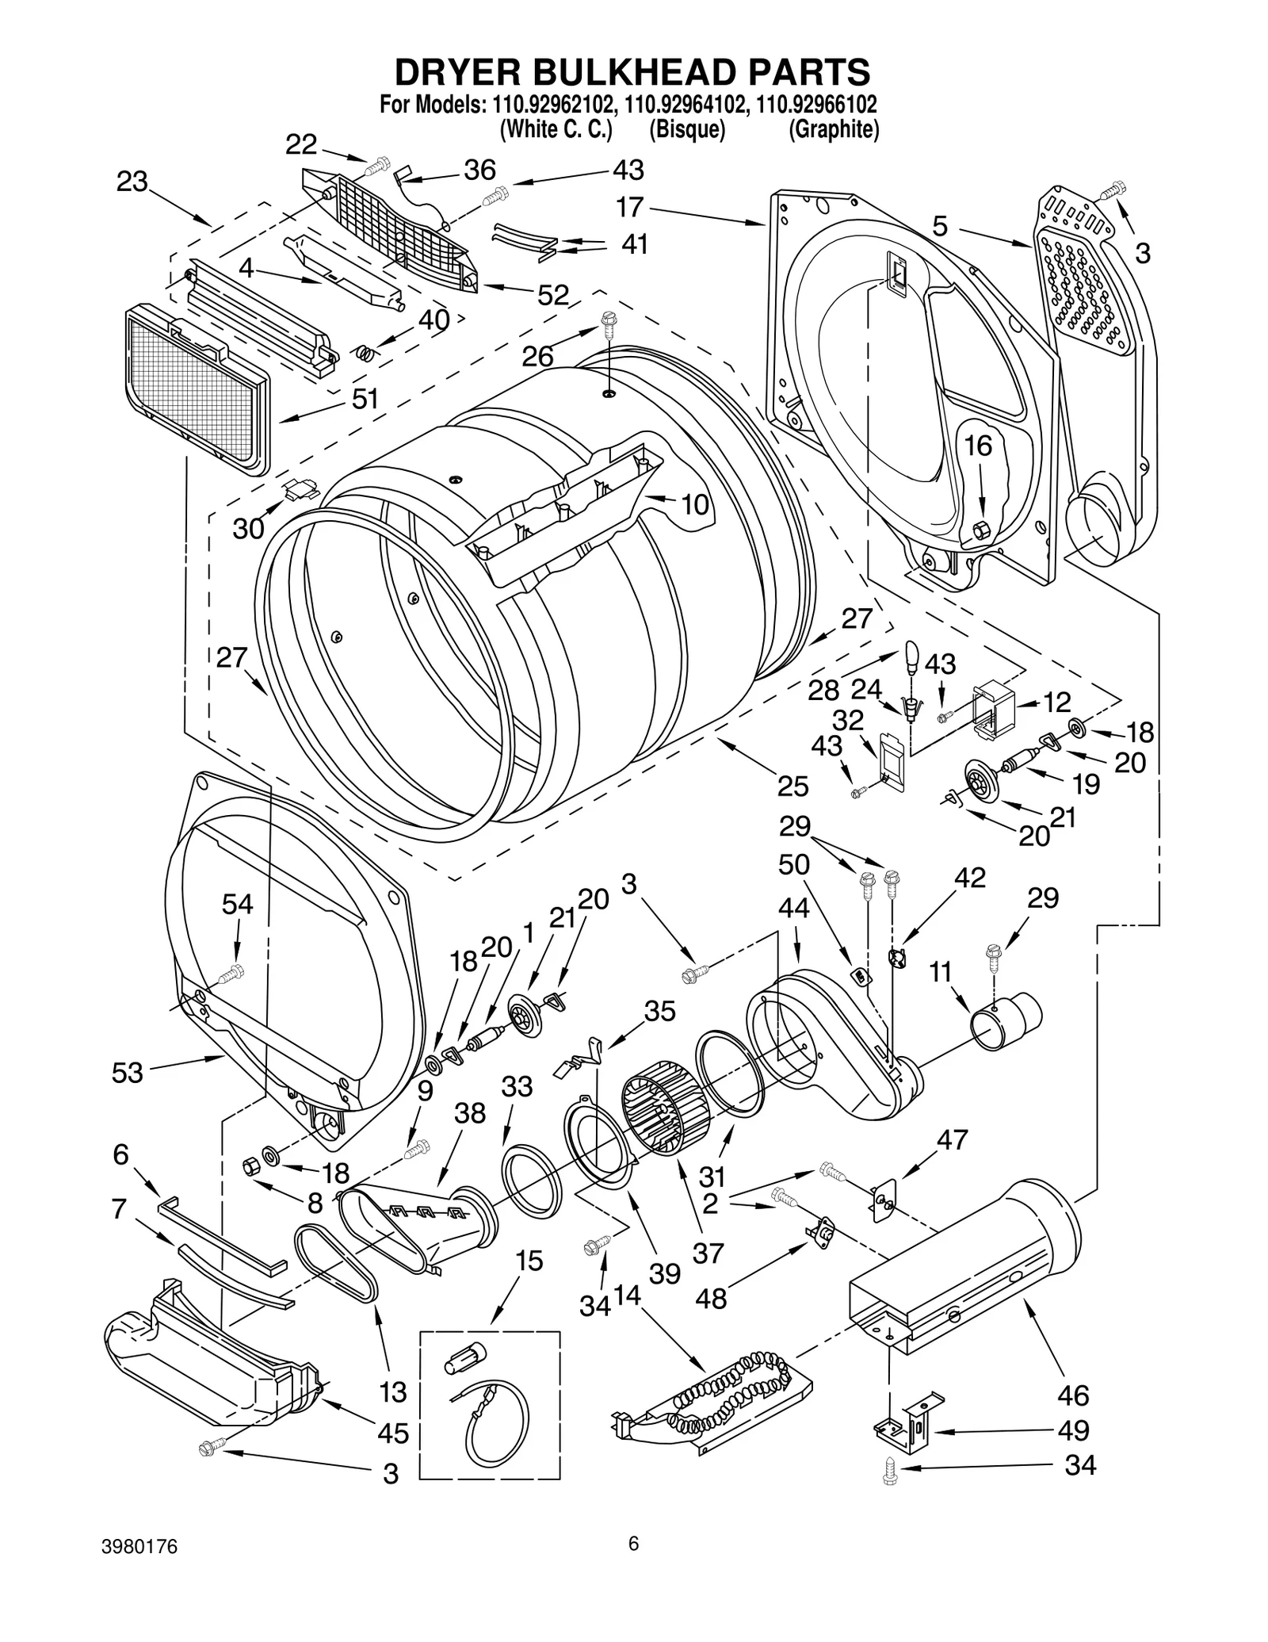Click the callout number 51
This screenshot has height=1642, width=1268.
tap(365, 399)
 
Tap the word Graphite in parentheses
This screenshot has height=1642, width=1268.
tap(834, 129)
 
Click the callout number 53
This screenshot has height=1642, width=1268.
tap(128, 1072)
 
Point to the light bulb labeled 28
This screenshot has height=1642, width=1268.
tap(911, 656)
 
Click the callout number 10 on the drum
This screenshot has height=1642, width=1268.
tap(694, 504)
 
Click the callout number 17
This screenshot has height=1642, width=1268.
tap(630, 208)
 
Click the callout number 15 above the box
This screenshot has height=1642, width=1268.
tap(529, 1261)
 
